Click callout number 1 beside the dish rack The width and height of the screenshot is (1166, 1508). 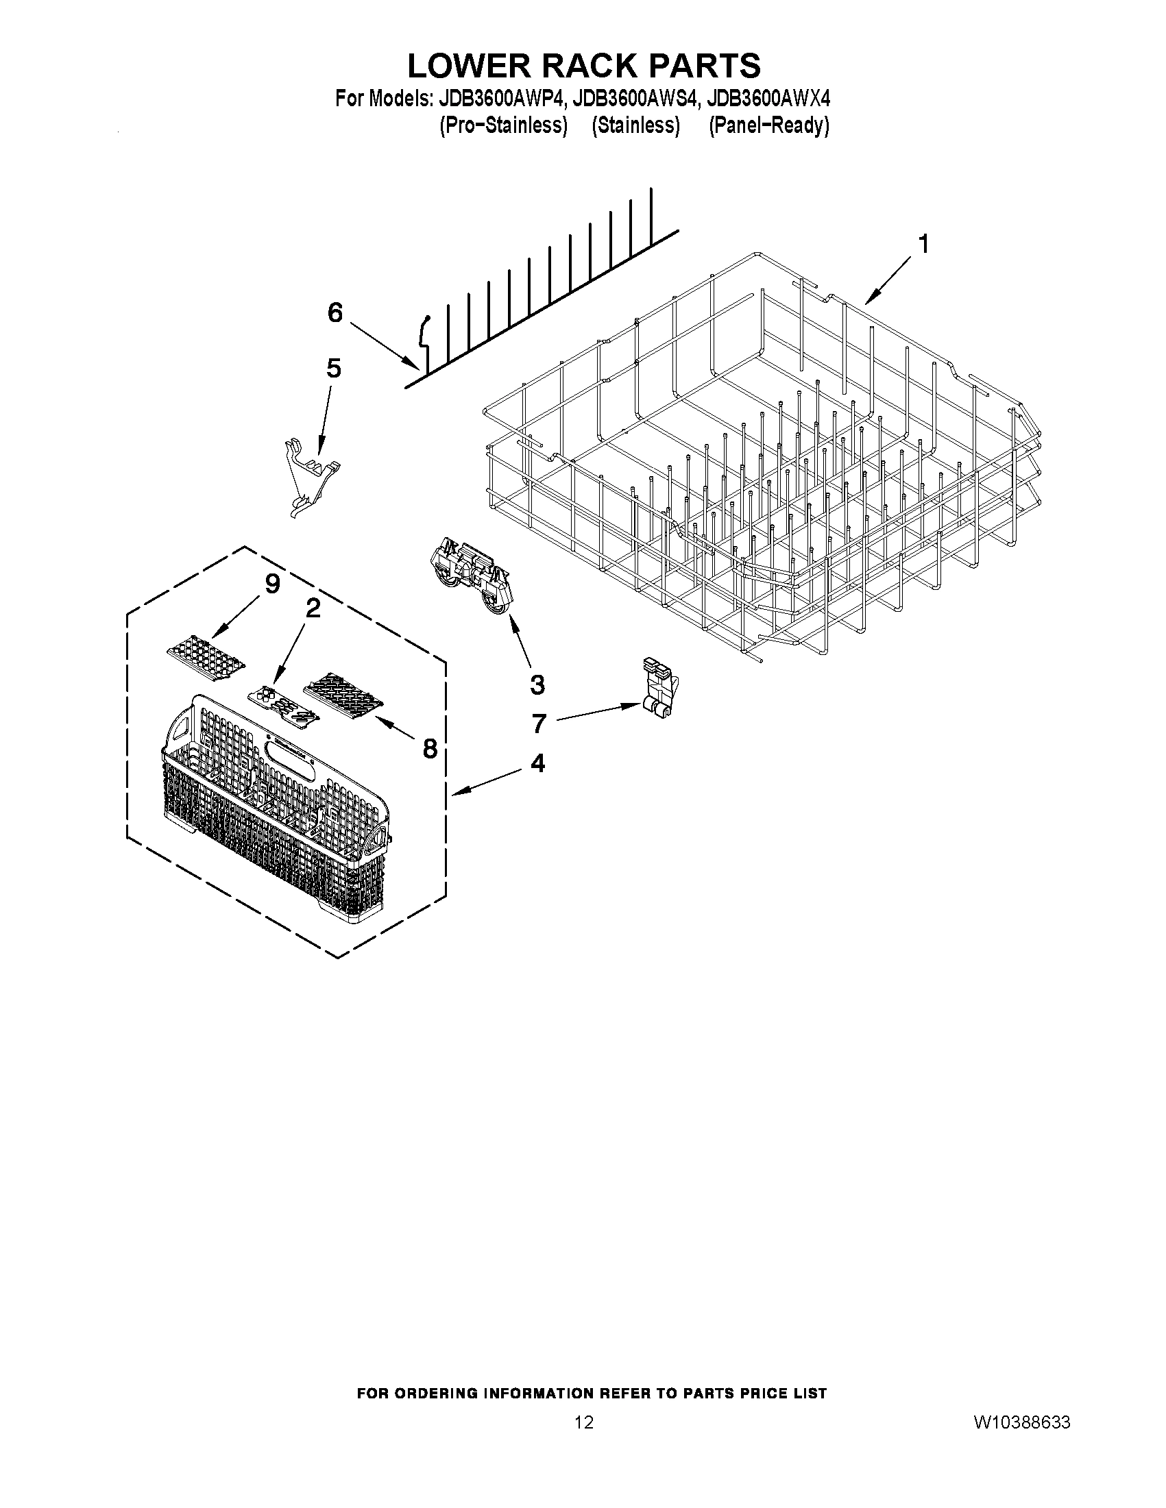click(922, 245)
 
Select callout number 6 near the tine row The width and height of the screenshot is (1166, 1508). click(335, 314)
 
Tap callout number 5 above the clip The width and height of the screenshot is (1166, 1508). click(333, 369)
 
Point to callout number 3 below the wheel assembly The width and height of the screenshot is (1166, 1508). click(537, 685)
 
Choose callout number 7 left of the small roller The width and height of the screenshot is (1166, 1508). click(539, 724)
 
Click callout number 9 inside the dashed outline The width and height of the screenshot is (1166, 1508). click(272, 584)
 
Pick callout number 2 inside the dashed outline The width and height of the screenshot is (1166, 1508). click(313, 608)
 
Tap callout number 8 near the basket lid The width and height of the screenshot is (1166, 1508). click(430, 747)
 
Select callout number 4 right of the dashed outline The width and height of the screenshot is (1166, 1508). click(537, 763)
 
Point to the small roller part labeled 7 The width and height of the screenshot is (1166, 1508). click(659, 688)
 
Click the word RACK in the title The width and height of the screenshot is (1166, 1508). click(585, 66)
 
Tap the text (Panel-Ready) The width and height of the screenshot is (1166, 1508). click(769, 125)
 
